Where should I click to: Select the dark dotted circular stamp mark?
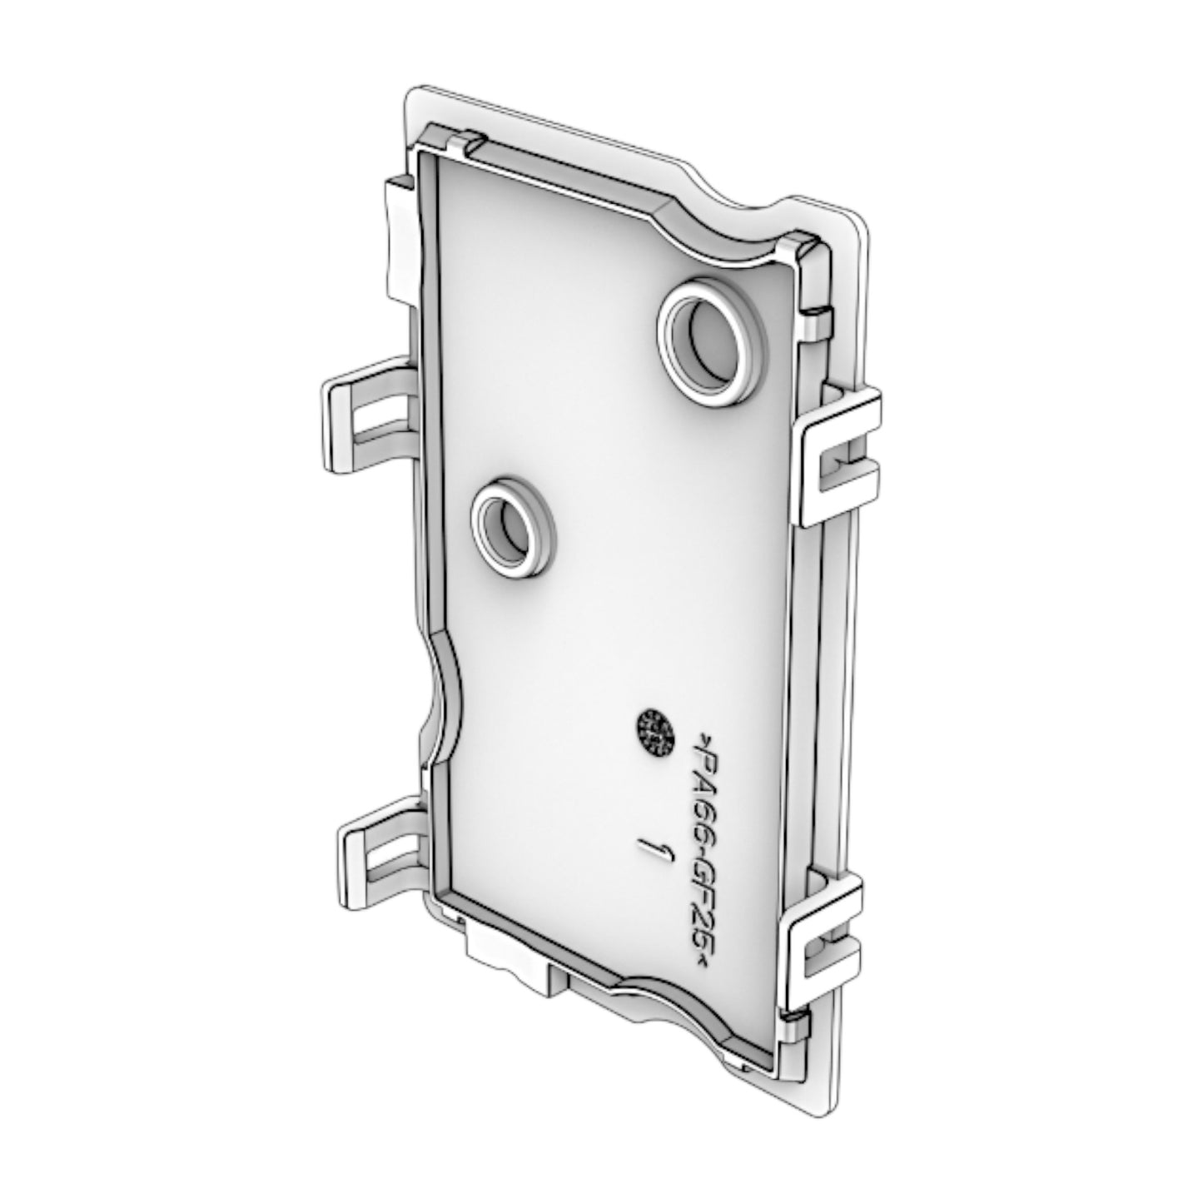click(x=655, y=733)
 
